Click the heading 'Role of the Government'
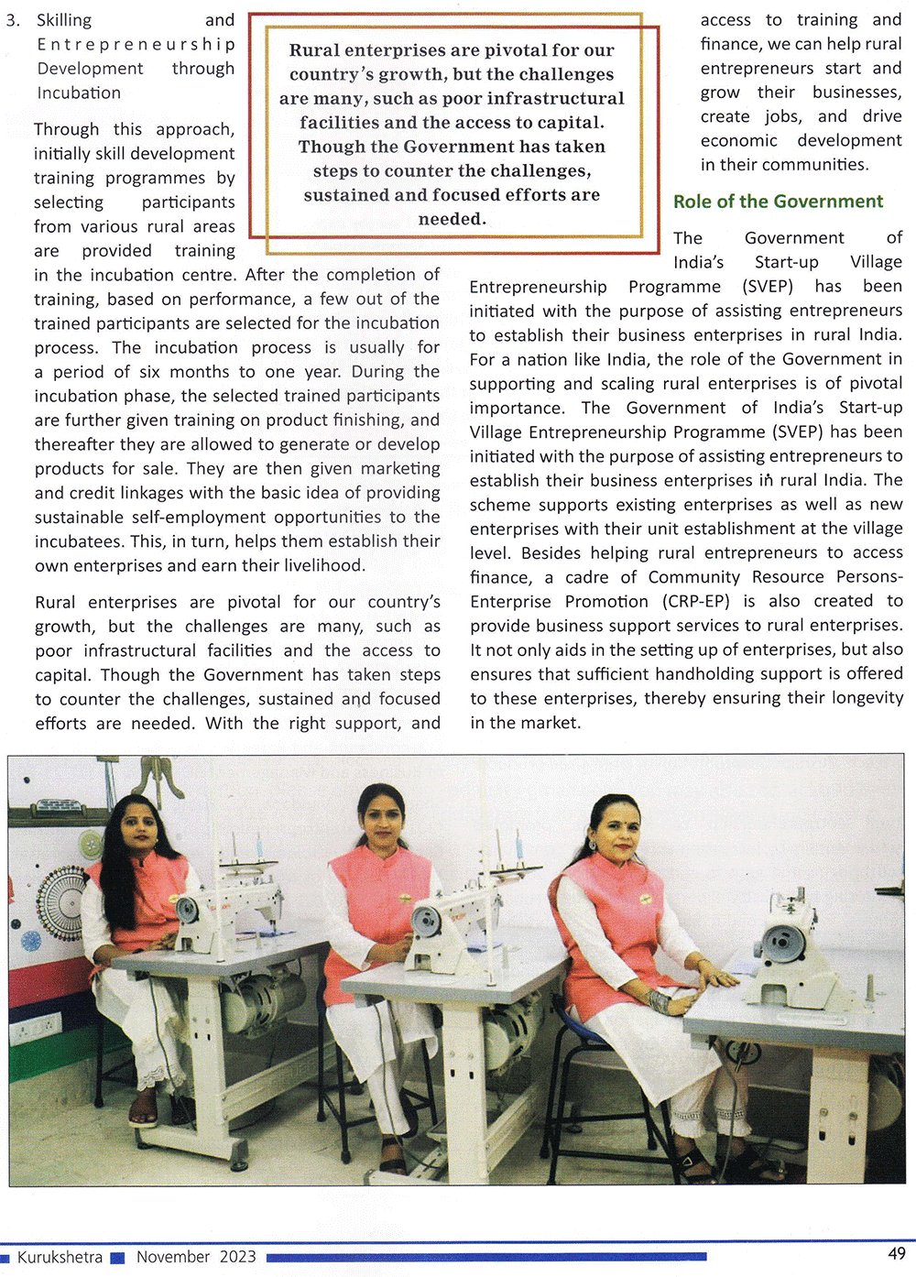[x=778, y=202]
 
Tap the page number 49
[x=896, y=1253]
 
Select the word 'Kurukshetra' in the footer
[x=60, y=1257]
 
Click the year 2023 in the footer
[x=237, y=1257]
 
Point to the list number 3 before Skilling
[x=12, y=20]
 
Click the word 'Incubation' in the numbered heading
[x=79, y=93]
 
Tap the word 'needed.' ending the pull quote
[x=452, y=219]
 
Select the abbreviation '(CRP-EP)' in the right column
[x=697, y=601]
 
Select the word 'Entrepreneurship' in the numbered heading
[x=136, y=44]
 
